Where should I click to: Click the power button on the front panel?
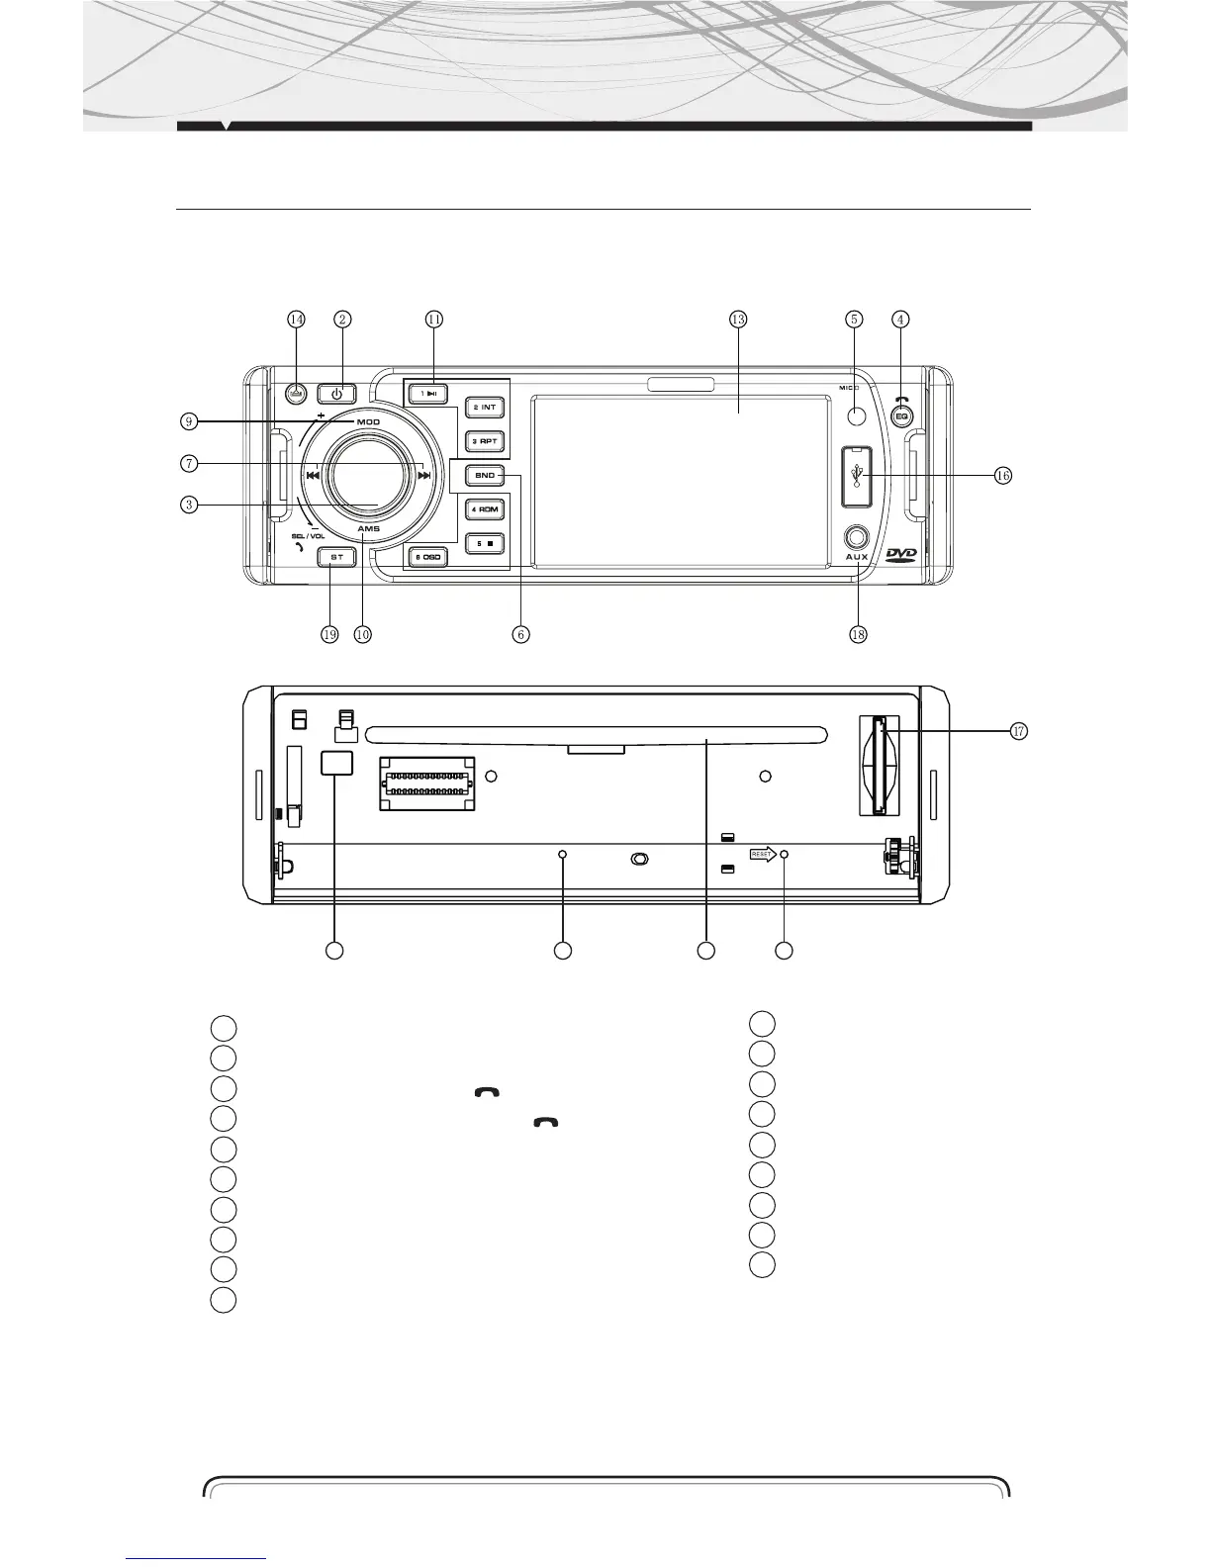point(337,392)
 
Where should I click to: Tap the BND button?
point(485,476)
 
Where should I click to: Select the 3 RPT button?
point(485,441)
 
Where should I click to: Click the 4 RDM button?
point(485,509)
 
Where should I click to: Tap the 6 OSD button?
point(428,558)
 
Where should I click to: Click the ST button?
point(336,557)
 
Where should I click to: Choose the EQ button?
point(901,417)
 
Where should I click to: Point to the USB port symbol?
point(856,475)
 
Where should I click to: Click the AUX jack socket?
point(856,537)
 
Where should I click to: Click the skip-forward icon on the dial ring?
point(424,476)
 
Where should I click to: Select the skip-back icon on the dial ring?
point(312,476)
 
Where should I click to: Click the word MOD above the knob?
point(368,422)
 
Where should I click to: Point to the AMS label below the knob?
point(368,529)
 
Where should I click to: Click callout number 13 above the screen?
point(737,320)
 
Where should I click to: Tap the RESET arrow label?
point(763,854)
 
